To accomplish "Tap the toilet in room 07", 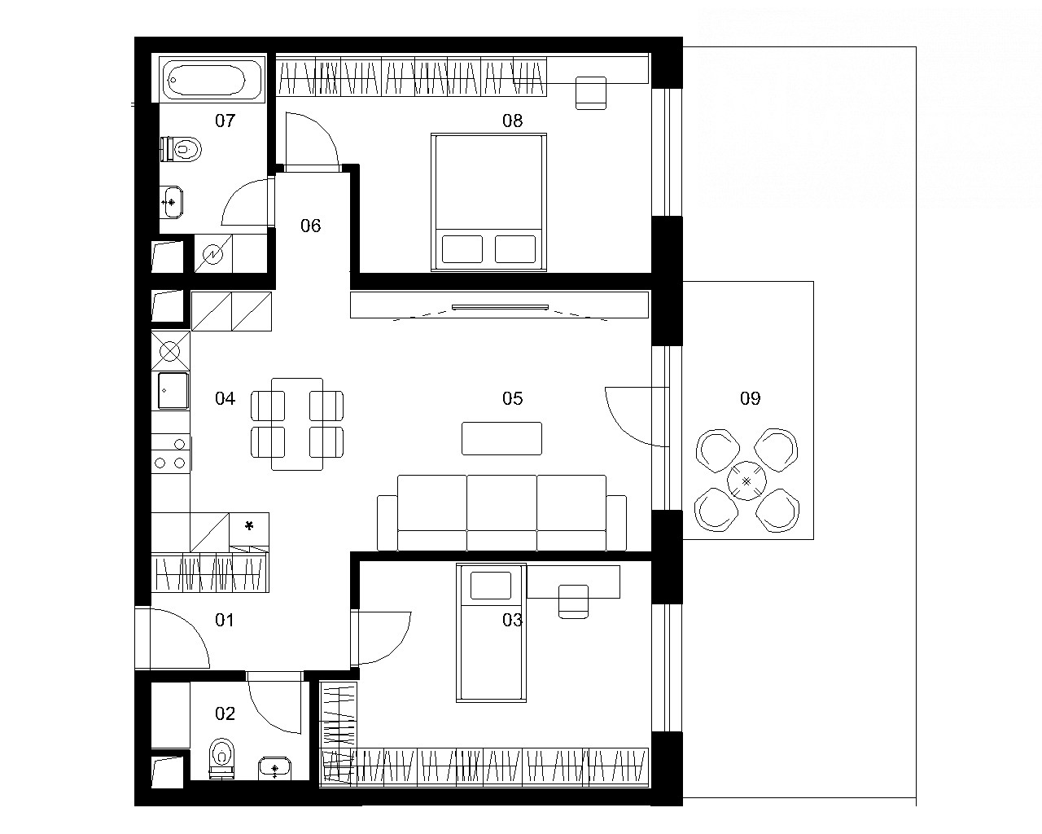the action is coord(181,149).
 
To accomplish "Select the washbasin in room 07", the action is coord(172,202).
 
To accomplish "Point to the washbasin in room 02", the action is coord(274,768).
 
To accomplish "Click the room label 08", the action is coord(512,121).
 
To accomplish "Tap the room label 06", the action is coord(310,226).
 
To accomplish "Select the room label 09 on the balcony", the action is coord(750,398).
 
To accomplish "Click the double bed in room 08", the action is coord(488,202).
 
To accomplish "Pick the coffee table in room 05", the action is coord(501,438).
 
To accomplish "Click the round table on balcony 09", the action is coord(746,481).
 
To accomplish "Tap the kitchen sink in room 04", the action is coord(173,391).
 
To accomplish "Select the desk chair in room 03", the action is coord(573,601).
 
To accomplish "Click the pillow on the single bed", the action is coord(491,586).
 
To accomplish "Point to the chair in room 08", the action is coord(591,93).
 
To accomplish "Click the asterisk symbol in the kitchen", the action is coord(249,525).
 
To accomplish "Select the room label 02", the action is coord(225,713).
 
